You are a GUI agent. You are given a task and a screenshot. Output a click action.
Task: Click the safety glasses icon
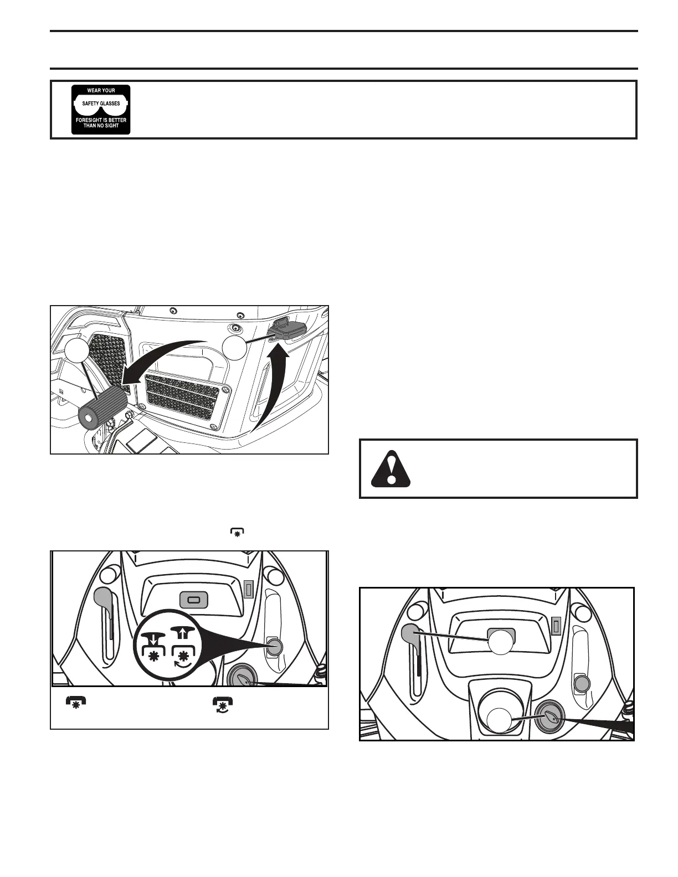101,110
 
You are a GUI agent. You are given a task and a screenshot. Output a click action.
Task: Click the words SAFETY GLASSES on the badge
101,104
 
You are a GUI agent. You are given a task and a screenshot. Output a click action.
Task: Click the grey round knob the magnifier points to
275,646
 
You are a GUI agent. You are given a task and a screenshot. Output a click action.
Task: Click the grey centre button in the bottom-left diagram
194,600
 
